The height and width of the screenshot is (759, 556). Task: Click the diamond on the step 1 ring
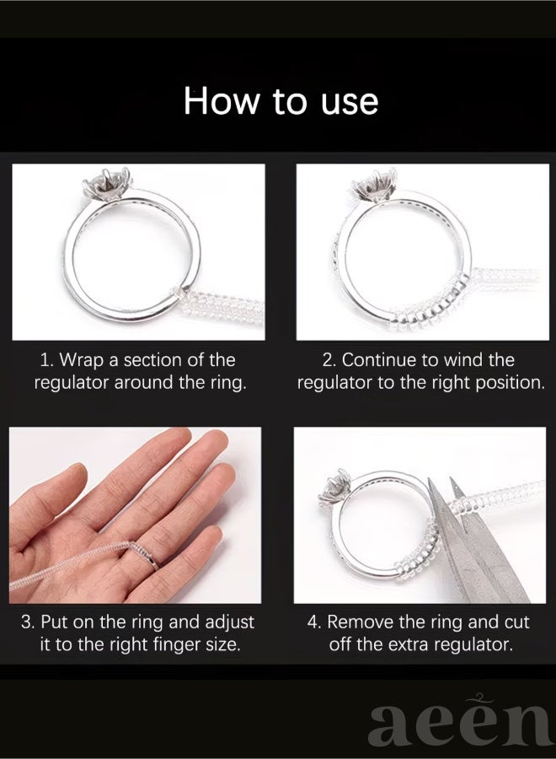point(103,185)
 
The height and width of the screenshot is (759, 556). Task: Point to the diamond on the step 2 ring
point(375,185)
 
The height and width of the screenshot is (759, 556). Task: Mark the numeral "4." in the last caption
point(314,622)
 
